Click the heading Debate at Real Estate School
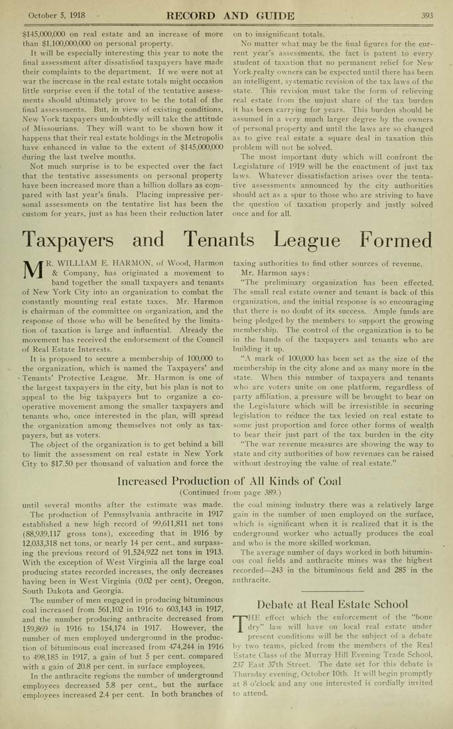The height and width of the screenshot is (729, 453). (332, 604)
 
